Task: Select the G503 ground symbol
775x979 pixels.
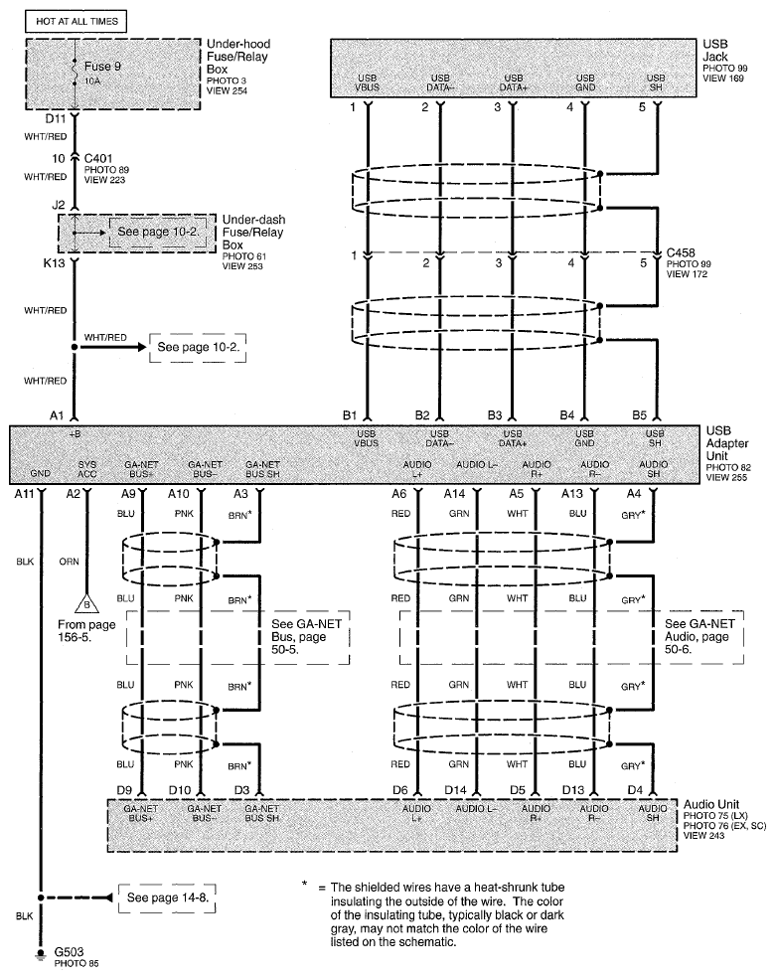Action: (x=42, y=953)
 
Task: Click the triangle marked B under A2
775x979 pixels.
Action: (x=85, y=602)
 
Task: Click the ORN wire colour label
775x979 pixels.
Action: (x=69, y=562)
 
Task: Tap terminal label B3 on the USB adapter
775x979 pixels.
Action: (x=496, y=414)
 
